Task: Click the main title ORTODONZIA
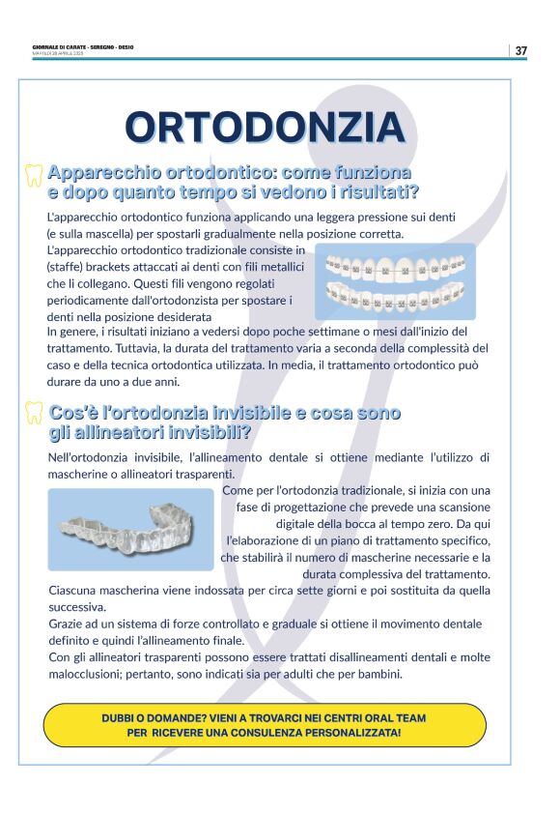265,128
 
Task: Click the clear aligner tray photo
130,528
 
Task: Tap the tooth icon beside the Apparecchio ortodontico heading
34,175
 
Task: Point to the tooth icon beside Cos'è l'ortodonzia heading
34,415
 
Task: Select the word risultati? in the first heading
371,191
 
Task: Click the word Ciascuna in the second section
74,590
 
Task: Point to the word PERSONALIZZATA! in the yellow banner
349,733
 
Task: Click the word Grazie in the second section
65,624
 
